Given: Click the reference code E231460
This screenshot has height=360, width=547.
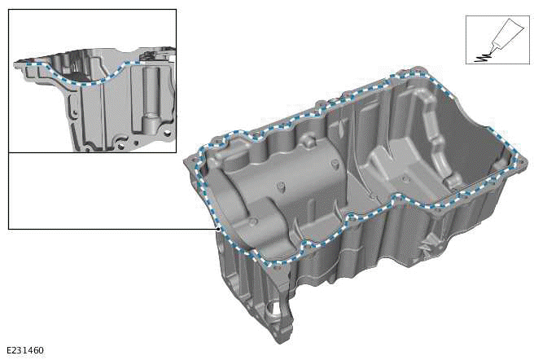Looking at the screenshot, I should click(24, 350).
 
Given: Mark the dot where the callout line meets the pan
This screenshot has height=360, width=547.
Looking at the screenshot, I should click(220, 229).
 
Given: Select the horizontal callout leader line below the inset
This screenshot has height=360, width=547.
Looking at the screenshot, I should click(114, 229).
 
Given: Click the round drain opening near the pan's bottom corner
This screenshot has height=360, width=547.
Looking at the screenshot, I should click(273, 314).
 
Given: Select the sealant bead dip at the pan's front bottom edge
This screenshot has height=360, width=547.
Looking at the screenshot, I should click(281, 262).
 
